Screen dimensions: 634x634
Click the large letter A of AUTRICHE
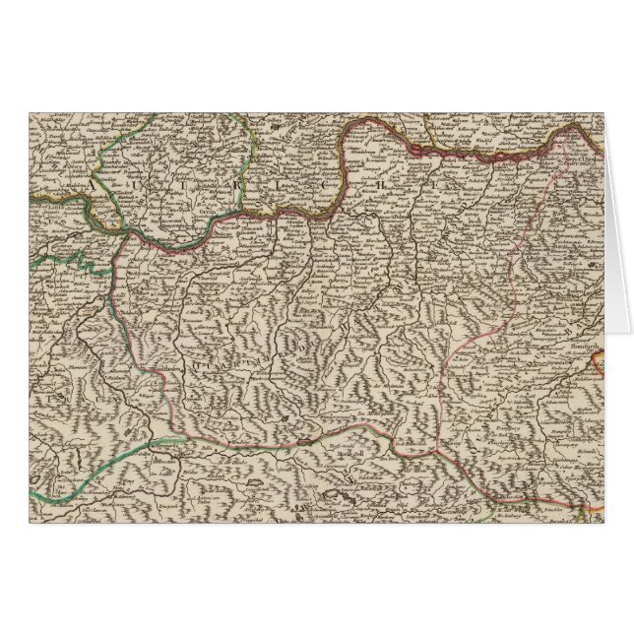point(91,184)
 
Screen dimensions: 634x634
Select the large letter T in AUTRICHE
point(190,184)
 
